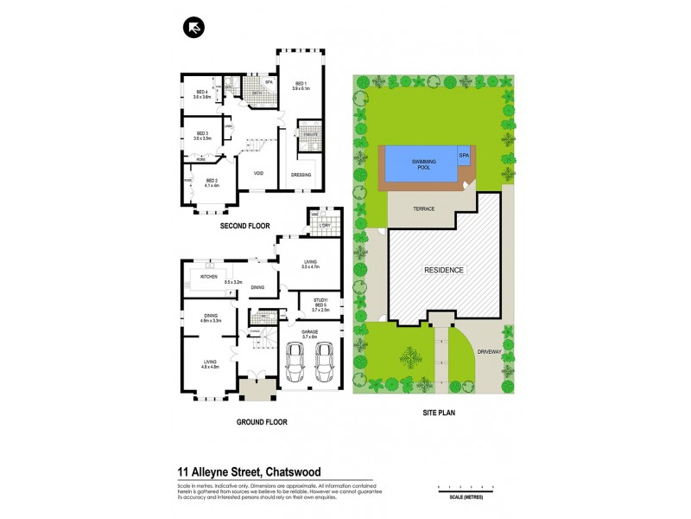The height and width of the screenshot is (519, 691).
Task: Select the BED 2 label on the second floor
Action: coord(212,181)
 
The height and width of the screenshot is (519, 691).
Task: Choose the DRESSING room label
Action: coord(301,175)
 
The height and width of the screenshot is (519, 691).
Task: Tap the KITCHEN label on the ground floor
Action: coord(208,277)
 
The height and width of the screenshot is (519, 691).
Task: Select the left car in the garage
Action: coord(295,362)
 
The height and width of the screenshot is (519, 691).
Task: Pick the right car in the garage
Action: coord(325,362)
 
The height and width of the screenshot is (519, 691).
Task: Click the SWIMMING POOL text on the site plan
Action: coord(422,163)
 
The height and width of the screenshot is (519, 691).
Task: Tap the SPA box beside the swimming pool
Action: coord(464,155)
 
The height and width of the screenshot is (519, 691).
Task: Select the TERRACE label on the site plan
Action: coord(422,209)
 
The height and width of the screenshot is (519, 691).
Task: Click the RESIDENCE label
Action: coord(443,270)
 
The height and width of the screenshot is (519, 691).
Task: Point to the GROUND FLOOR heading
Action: coord(261,422)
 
